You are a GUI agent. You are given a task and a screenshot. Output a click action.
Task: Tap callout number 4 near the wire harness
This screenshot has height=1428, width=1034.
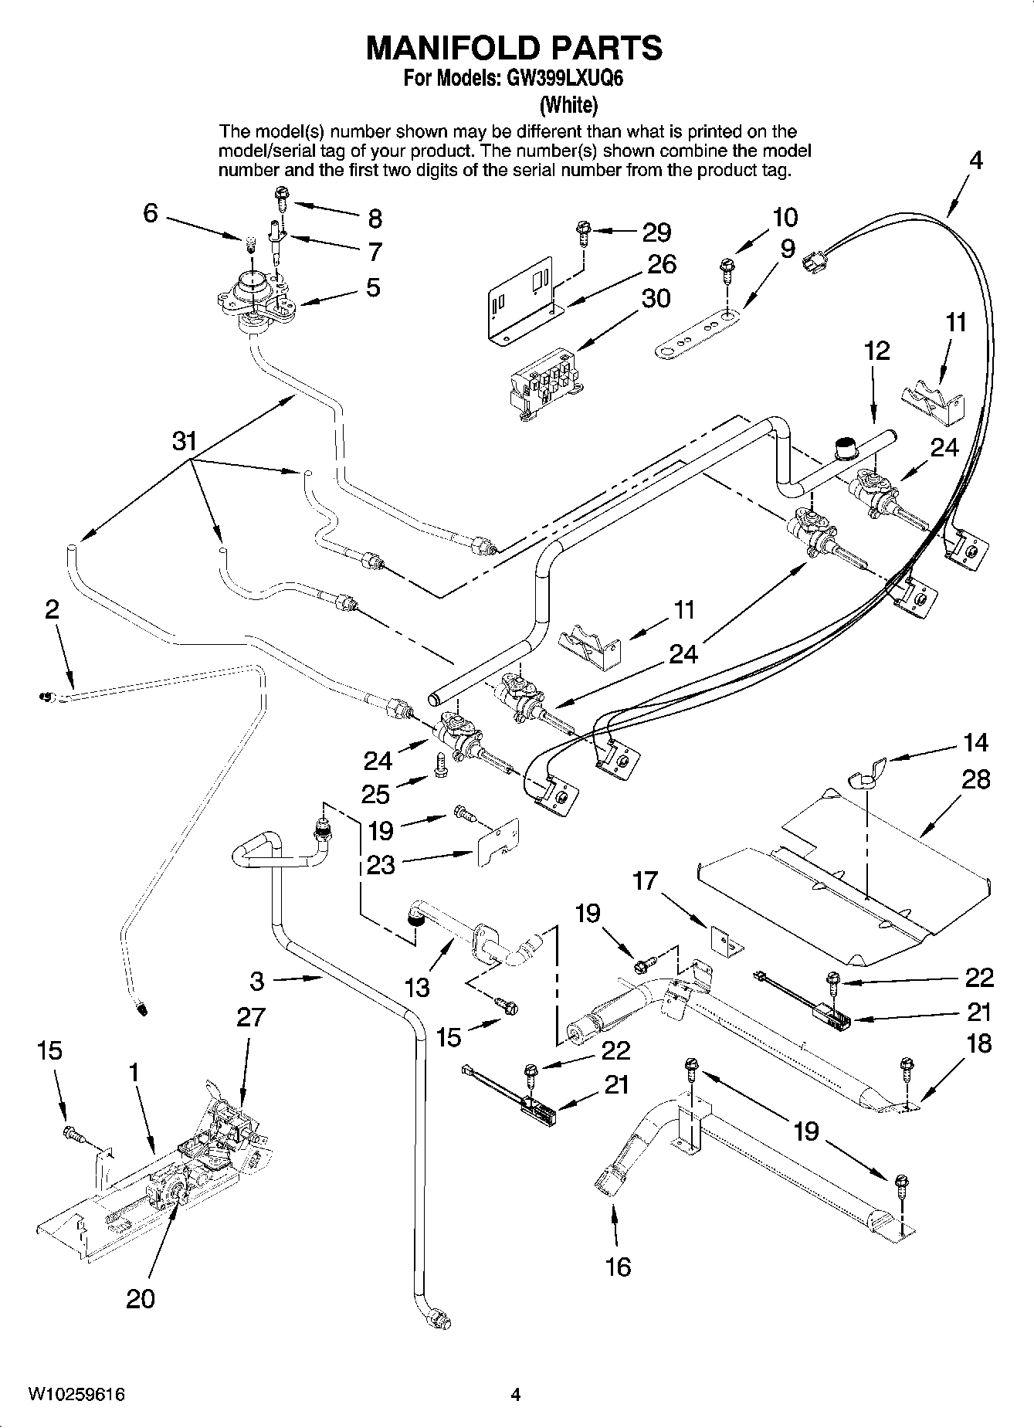pos(976,161)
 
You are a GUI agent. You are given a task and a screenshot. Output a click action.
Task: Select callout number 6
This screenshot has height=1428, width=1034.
pos(151,212)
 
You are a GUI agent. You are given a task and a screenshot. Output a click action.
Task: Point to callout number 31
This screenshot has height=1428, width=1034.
pos(184,442)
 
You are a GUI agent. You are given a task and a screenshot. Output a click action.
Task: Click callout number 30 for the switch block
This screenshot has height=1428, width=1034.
pos(656,298)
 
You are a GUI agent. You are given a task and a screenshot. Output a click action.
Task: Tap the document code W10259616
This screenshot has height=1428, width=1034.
pos(76,1395)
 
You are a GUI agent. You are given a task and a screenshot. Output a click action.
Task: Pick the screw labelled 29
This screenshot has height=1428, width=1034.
pos(583,229)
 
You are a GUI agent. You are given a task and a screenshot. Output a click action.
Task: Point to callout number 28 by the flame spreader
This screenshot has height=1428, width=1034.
pos(976,779)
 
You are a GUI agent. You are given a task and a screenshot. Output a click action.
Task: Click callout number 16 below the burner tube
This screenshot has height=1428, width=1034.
pos(619,1267)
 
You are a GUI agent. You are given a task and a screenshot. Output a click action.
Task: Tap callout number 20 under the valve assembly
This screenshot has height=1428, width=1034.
pos(141,1299)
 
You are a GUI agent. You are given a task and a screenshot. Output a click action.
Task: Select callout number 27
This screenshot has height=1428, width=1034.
pos(251,1017)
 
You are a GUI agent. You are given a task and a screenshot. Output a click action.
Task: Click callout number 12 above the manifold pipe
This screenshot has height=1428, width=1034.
pos(876,351)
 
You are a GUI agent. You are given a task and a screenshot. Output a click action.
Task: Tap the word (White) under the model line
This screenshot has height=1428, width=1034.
pos(568,103)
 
